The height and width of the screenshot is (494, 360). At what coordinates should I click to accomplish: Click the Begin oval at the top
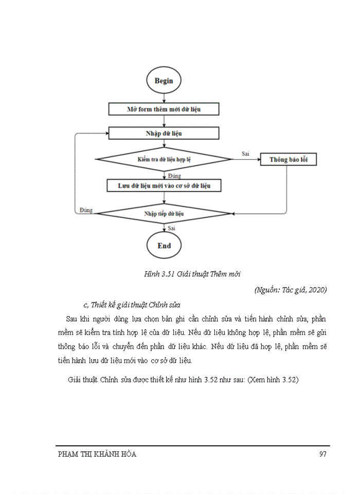click(x=164, y=81)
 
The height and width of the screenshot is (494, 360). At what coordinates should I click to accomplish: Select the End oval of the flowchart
click(x=164, y=245)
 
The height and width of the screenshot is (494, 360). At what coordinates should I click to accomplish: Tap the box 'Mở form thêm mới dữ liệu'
click(x=164, y=109)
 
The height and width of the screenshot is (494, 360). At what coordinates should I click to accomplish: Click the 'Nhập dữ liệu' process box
click(x=164, y=133)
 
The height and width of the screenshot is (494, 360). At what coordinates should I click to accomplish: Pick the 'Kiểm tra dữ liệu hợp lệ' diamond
click(x=164, y=160)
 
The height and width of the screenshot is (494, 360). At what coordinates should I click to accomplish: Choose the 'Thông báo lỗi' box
click(x=287, y=160)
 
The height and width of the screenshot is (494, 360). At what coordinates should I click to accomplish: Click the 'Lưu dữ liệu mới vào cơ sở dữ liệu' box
click(x=164, y=185)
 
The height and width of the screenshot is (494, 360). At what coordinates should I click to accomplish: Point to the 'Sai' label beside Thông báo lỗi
click(x=246, y=153)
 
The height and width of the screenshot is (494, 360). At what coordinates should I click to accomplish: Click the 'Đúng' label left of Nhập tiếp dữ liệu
click(x=86, y=210)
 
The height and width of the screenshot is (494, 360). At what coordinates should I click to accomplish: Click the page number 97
click(x=323, y=454)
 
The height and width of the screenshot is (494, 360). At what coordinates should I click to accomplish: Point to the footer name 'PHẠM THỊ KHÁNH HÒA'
click(x=97, y=454)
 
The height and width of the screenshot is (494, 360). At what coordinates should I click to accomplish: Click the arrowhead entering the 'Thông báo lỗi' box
click(x=258, y=160)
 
